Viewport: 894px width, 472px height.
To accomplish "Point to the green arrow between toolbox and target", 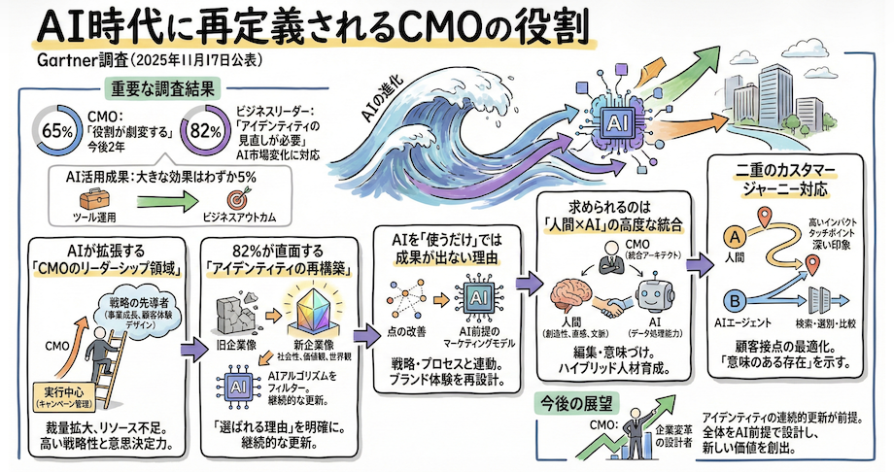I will pyautogui.click(x=160, y=201).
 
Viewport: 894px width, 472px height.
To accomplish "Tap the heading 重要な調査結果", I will pyautogui.click(x=155, y=90).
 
